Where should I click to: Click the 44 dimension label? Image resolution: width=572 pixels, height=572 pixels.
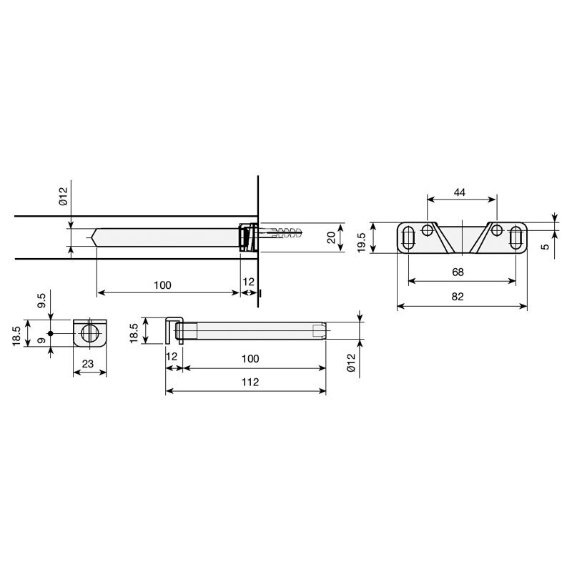coord(459,192)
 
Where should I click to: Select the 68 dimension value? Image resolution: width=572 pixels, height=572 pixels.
coord(458,272)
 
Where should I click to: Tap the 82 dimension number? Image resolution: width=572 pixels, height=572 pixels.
coord(458,297)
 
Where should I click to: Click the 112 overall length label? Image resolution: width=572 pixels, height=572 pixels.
coord(250,382)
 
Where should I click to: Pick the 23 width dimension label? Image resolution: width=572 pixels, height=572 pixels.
coord(88,364)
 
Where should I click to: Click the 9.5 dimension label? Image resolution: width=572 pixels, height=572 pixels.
coord(41,300)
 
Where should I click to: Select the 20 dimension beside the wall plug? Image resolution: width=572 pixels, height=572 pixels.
coord(331,238)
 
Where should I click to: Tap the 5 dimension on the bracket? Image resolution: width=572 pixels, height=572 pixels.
coord(545,247)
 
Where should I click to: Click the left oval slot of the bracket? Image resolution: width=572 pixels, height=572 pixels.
coord(408,238)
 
